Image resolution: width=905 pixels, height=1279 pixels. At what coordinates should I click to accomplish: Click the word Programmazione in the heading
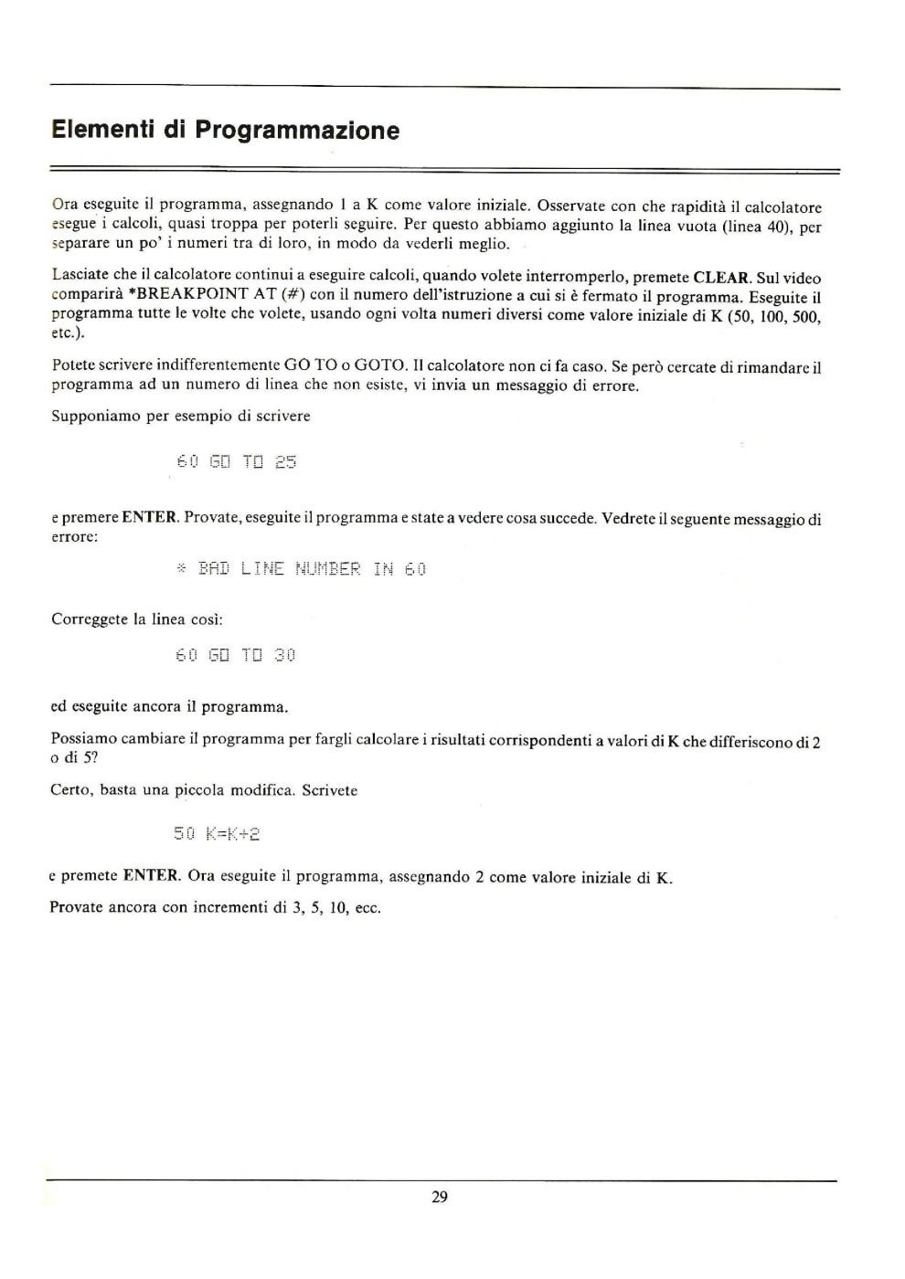coord(298,131)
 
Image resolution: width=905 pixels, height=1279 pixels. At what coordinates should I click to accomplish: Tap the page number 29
coord(440,1197)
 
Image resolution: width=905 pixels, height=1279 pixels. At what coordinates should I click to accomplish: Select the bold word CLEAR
coord(722,278)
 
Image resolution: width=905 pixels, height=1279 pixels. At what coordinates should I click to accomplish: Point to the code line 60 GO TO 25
coord(236,462)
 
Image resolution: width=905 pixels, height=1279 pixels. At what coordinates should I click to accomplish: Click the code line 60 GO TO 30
coord(235,655)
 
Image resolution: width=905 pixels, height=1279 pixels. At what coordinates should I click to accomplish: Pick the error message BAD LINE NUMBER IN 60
coord(301,569)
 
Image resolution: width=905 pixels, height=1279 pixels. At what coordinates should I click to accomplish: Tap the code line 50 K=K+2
coord(218,833)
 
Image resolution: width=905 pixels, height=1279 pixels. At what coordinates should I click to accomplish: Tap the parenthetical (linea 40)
coord(756,227)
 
